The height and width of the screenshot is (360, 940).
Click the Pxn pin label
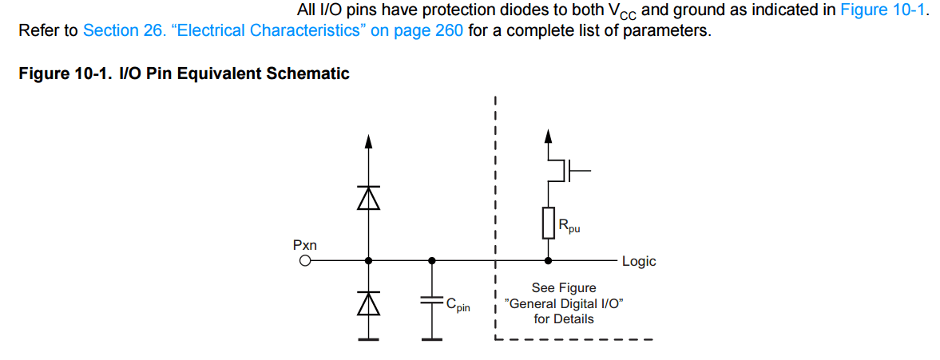(305, 245)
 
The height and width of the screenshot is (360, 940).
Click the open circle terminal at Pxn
(304, 260)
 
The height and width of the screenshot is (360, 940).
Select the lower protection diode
(368, 302)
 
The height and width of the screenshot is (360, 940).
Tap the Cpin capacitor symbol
(432, 301)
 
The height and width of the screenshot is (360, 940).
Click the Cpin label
(458, 304)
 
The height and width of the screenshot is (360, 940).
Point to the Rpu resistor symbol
(548, 223)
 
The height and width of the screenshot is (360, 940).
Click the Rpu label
(569, 227)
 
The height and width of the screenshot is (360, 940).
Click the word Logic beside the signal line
(639, 261)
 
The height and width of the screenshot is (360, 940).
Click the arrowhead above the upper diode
(368, 141)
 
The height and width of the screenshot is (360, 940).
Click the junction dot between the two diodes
(368, 260)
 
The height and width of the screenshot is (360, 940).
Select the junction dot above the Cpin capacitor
(432, 260)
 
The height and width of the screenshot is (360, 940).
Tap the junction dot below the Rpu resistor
(548, 260)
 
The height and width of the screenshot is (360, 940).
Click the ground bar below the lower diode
(368, 339)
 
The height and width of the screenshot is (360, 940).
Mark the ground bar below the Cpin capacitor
(432, 339)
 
